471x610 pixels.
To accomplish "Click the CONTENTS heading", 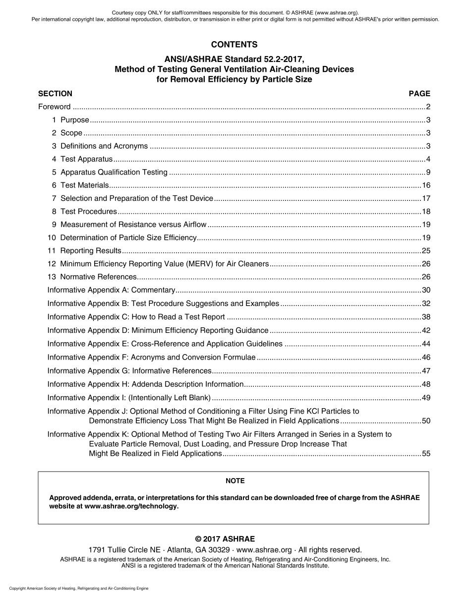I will point(234,45).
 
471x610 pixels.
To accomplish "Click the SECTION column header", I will point(55,93).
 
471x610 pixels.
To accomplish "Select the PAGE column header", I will point(419,93).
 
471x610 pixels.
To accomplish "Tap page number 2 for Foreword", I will point(428,107).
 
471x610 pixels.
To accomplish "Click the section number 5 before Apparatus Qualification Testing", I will point(54,172).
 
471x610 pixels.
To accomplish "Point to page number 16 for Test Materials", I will point(426,185).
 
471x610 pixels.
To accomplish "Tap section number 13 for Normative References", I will point(52,277).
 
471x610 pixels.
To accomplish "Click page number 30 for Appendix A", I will point(426,290).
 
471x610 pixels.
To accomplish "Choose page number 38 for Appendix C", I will point(426,317).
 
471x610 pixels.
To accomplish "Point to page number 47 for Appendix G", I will point(426,370).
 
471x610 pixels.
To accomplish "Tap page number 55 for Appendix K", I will point(426,453).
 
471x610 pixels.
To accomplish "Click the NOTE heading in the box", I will point(235,481).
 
